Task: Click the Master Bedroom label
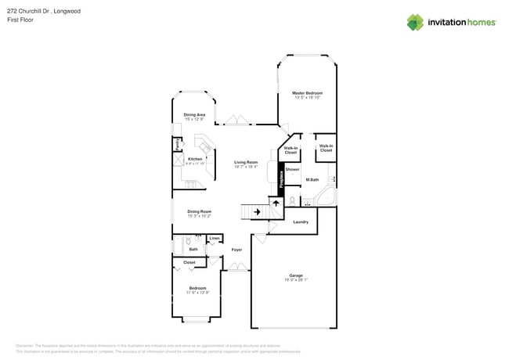(x=308, y=93)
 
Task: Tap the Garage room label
(x=295, y=275)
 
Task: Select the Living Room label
(x=246, y=162)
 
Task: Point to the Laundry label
(x=301, y=221)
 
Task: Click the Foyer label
(x=236, y=250)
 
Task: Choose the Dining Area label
(x=194, y=114)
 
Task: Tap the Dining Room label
(x=199, y=211)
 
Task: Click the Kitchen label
(x=195, y=159)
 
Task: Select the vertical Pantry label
(x=178, y=144)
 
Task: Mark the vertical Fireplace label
(x=282, y=176)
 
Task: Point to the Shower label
(x=292, y=169)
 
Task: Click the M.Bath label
(x=312, y=180)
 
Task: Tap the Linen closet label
(x=215, y=238)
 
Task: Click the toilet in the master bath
(x=291, y=201)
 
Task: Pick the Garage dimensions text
(x=295, y=280)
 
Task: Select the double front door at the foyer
(x=234, y=268)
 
